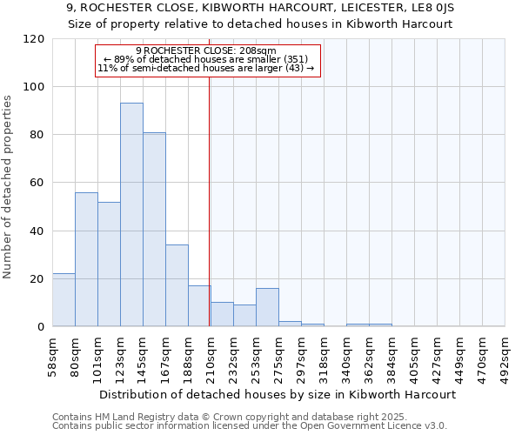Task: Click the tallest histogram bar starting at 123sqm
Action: (x=131, y=215)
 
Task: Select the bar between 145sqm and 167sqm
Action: (x=154, y=230)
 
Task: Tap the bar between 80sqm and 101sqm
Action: (x=86, y=259)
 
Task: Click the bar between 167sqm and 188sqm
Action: (x=177, y=285)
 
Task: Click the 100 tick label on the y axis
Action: (x=34, y=87)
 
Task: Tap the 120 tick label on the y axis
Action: (x=34, y=39)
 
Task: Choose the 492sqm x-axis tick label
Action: (x=505, y=356)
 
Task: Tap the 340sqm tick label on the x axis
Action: (x=346, y=356)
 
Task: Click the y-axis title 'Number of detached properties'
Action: (x=9, y=188)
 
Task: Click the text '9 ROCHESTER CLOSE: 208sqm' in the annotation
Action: (x=206, y=50)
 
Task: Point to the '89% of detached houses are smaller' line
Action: (x=206, y=59)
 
